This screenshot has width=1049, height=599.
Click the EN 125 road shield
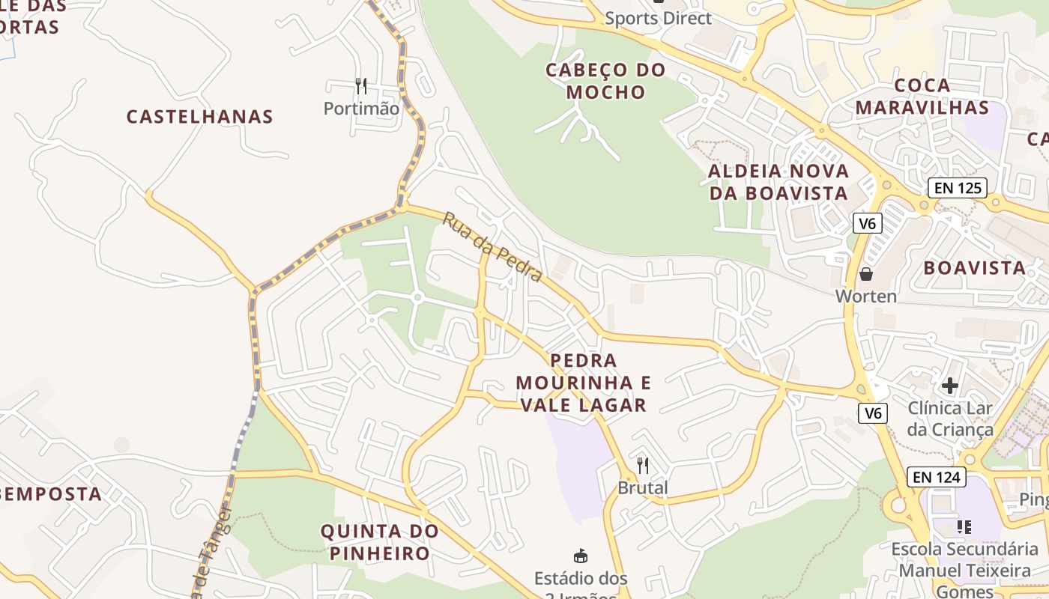(x=958, y=187)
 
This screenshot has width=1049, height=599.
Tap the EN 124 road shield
(x=936, y=477)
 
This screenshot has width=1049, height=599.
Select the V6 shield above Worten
(x=868, y=222)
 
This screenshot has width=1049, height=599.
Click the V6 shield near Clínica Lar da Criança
(x=873, y=413)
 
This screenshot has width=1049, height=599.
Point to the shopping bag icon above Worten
(x=866, y=274)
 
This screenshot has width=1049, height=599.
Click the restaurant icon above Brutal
(x=643, y=465)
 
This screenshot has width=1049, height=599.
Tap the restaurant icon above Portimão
(x=361, y=85)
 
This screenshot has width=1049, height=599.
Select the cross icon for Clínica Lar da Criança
(x=950, y=386)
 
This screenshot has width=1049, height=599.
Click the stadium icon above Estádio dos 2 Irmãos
(x=581, y=556)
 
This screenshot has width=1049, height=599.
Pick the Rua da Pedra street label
(x=492, y=247)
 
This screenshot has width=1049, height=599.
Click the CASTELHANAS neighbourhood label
(x=199, y=117)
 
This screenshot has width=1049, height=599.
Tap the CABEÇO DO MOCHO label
(x=605, y=81)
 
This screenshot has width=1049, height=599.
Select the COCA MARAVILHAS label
(x=922, y=97)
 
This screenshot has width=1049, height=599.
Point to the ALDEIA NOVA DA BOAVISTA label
(x=779, y=182)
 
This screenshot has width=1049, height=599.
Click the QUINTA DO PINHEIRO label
(x=379, y=542)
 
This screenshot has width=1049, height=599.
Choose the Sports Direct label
(x=658, y=18)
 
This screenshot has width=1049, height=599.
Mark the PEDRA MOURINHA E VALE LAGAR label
(x=583, y=383)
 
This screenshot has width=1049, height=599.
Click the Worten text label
(x=866, y=297)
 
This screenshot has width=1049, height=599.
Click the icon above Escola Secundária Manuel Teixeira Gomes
(x=964, y=527)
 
